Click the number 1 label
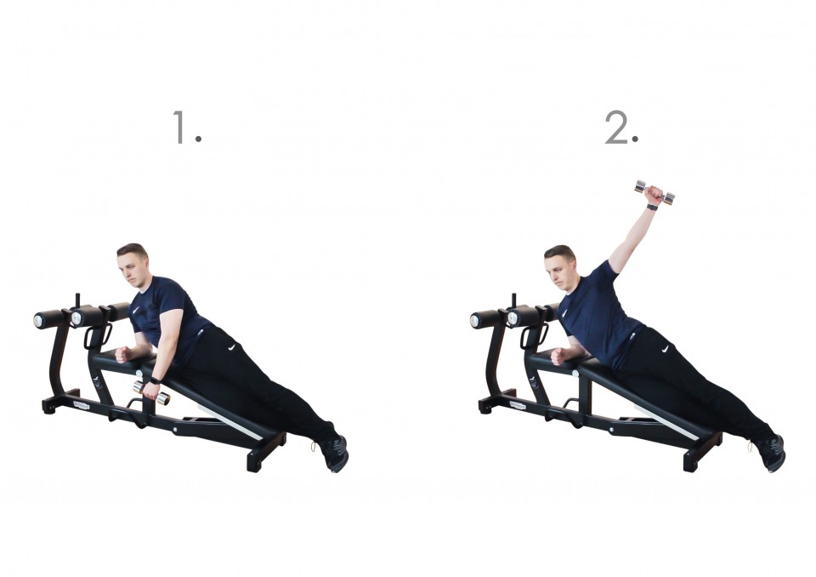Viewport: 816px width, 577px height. [187, 127]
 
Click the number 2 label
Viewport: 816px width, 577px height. [621, 127]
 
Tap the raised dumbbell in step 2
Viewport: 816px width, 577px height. [654, 192]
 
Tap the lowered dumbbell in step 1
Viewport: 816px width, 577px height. [151, 392]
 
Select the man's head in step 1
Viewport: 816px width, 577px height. [133, 264]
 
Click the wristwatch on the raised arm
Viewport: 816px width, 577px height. [652, 207]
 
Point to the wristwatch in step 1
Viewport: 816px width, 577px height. [156, 380]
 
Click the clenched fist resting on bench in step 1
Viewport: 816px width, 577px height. [122, 354]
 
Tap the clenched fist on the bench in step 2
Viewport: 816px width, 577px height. [558, 357]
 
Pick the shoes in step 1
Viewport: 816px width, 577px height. [335, 453]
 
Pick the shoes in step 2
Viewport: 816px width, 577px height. [771, 453]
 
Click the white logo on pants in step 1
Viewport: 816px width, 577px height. [231, 347]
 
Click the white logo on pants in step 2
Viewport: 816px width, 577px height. [665, 349]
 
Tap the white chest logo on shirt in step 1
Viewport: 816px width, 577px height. [135, 310]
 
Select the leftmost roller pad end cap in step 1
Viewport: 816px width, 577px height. [38, 321]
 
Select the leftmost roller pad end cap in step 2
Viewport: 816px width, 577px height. [474, 321]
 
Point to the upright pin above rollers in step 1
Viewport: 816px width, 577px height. [78, 301]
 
